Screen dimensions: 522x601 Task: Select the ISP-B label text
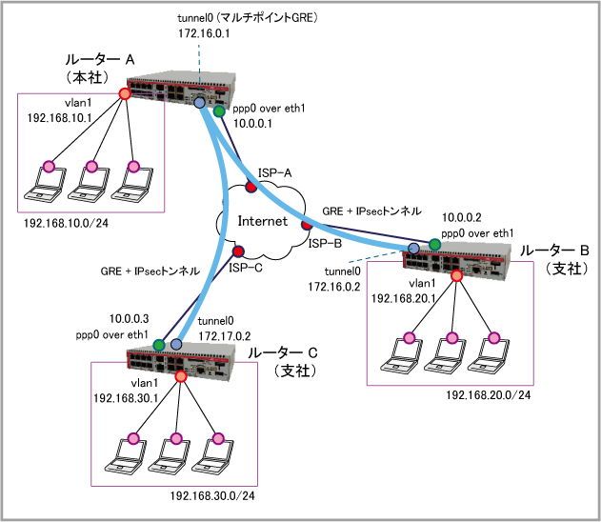point(325,244)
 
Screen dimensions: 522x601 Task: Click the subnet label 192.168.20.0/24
point(488,393)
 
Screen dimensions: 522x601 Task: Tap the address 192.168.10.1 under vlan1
point(58,118)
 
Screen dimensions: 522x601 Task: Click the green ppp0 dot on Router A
point(220,112)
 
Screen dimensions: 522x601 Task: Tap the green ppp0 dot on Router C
point(159,344)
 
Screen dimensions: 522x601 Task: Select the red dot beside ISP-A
point(251,186)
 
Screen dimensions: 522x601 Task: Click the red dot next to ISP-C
point(238,252)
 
